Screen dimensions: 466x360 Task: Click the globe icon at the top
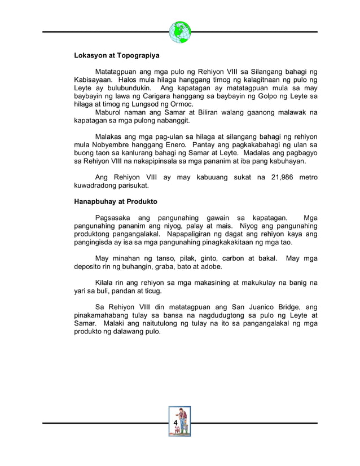179,32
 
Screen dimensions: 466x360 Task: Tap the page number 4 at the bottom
176,423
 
